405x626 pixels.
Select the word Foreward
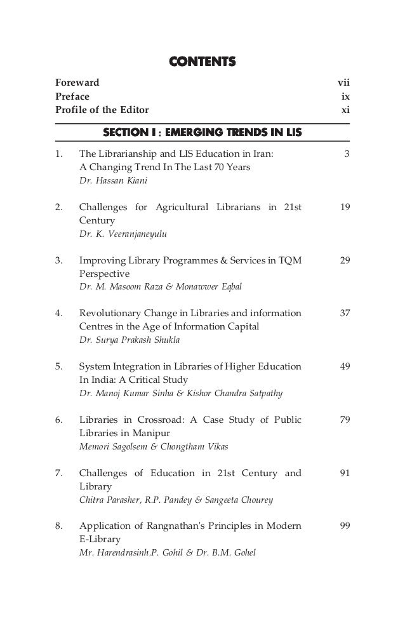pyautogui.click(x=77, y=83)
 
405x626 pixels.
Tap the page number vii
pyautogui.click(x=343, y=83)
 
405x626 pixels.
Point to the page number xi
pyautogui.click(x=345, y=110)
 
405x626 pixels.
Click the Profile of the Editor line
pyautogui.click(x=102, y=110)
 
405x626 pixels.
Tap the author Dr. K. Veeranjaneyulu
pyautogui.click(x=117, y=234)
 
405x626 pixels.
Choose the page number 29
pyautogui.click(x=345, y=261)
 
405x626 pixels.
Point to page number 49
pyautogui.click(x=345, y=367)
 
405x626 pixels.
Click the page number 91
pyautogui.click(x=345, y=473)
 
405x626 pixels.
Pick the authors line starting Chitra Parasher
pyautogui.click(x=176, y=500)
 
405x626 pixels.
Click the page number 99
pyautogui.click(x=345, y=526)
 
